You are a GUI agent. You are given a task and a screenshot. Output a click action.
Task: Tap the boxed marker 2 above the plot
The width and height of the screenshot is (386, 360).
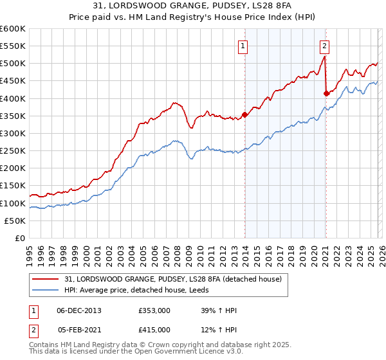click(x=325, y=46)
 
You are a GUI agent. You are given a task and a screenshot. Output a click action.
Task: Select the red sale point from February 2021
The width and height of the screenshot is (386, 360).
click(x=326, y=93)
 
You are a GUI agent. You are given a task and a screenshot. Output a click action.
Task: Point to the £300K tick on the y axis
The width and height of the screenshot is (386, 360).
click(x=13, y=133)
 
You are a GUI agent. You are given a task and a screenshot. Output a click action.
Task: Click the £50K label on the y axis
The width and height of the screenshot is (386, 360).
click(x=15, y=221)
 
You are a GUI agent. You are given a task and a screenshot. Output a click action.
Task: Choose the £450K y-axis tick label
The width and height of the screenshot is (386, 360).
click(x=13, y=81)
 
